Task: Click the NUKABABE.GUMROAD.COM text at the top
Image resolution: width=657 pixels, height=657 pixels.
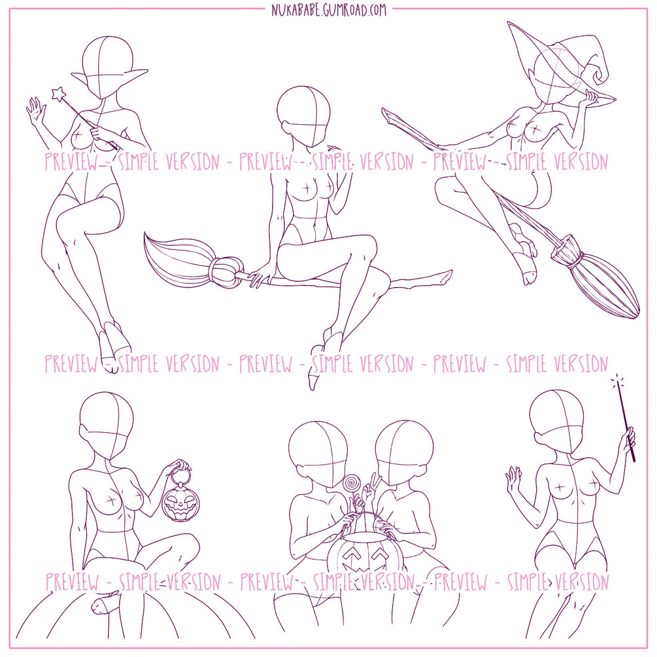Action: click(328, 10)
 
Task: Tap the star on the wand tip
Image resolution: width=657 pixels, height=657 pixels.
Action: click(58, 93)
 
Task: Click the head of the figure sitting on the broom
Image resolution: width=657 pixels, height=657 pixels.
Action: click(303, 115)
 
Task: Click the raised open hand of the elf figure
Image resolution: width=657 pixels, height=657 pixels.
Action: click(36, 110)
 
